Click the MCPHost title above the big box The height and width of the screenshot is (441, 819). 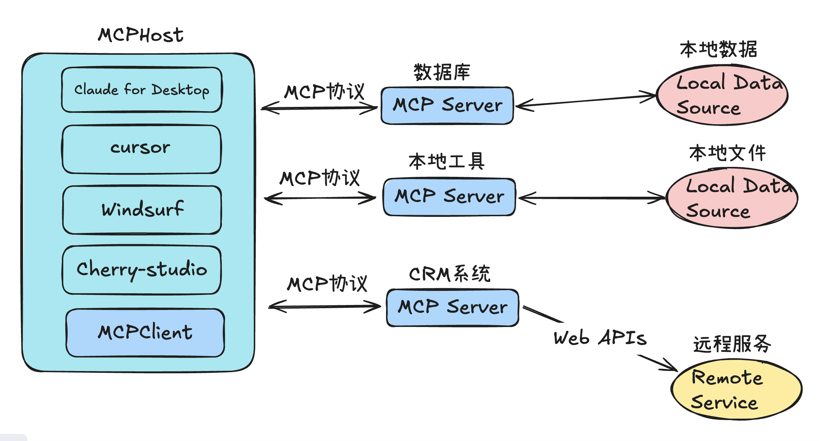141,35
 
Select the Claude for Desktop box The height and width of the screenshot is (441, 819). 142,90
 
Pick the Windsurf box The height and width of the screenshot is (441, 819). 142,209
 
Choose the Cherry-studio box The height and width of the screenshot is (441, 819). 142,270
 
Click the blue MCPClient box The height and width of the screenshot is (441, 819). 145,333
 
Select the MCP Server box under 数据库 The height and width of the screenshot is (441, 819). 447,105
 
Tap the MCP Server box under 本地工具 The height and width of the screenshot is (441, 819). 449,197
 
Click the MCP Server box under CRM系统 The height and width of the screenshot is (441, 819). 453,307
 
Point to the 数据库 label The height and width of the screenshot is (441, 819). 442,72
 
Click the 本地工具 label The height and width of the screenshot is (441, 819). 446,162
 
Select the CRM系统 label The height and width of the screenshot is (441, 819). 450,274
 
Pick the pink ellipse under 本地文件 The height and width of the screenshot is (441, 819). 732,198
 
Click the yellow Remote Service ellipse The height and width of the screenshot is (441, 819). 736,390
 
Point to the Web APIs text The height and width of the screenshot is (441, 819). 600,338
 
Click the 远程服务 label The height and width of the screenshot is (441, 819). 732,344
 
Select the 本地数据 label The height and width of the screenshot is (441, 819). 718,49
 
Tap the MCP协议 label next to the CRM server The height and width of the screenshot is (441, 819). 327,284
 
